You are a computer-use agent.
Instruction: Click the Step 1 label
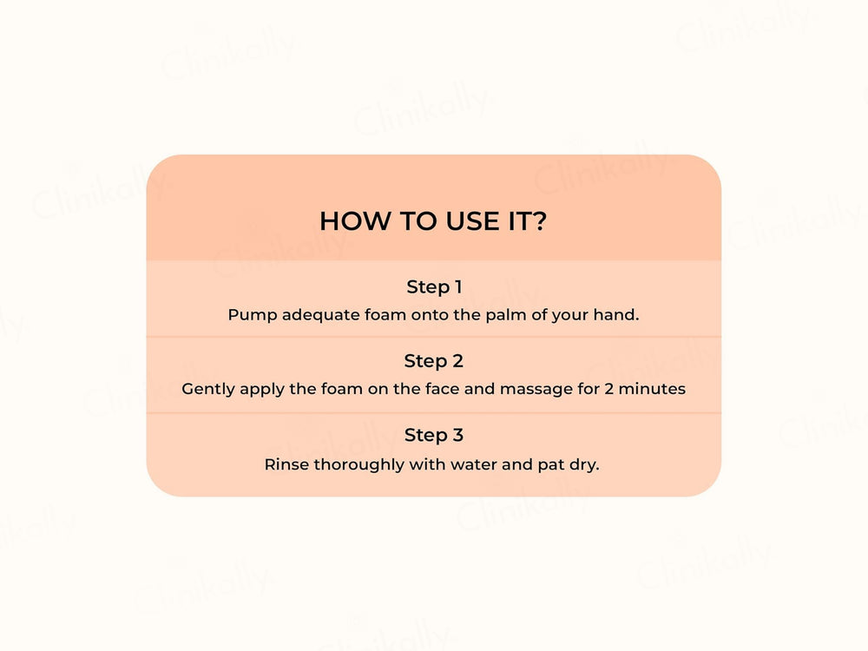(434, 286)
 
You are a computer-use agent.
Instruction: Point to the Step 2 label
(434, 360)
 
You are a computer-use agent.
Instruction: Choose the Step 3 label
(434, 435)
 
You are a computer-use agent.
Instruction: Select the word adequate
(316, 315)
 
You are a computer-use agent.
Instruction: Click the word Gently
(207, 390)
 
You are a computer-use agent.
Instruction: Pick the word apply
(261, 390)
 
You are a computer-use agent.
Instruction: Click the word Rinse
(286, 464)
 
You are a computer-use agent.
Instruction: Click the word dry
(585, 464)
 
